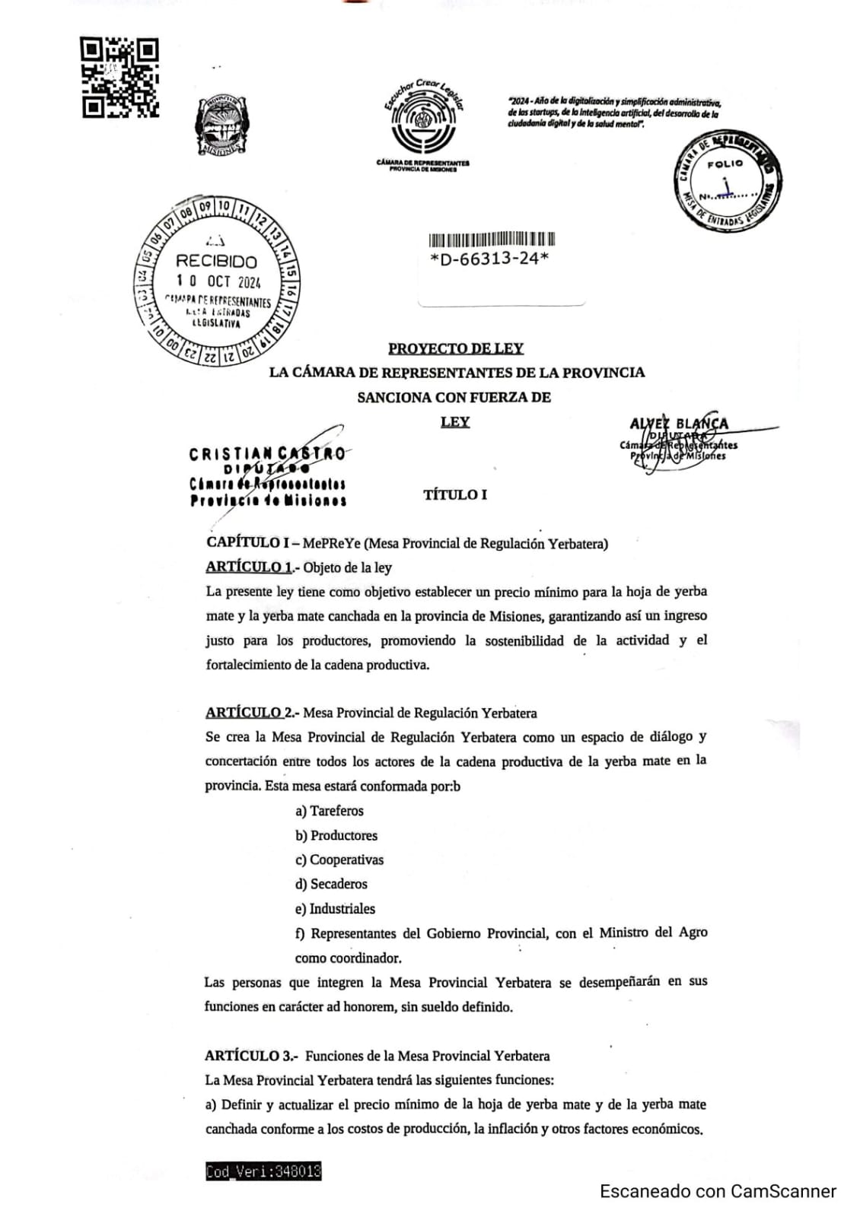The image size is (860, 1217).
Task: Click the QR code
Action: tap(119, 78)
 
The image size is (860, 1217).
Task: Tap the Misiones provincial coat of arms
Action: tap(221, 126)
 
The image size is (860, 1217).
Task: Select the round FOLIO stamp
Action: tap(727, 182)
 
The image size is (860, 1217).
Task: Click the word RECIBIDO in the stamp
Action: tap(216, 262)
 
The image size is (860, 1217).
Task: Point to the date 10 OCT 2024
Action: tap(218, 281)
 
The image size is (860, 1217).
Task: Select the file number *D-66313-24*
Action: tap(489, 259)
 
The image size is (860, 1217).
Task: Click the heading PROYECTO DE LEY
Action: tap(456, 348)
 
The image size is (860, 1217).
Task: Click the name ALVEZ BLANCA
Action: tap(679, 424)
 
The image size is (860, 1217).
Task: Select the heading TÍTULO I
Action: tap(455, 494)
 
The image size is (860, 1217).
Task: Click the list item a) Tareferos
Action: tap(330, 811)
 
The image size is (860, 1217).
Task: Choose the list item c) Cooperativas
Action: tap(339, 860)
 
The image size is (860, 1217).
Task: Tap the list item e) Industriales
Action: tap(335, 908)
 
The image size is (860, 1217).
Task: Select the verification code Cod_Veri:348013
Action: tap(263, 1172)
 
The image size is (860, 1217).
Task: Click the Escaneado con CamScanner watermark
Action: tap(718, 1191)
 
